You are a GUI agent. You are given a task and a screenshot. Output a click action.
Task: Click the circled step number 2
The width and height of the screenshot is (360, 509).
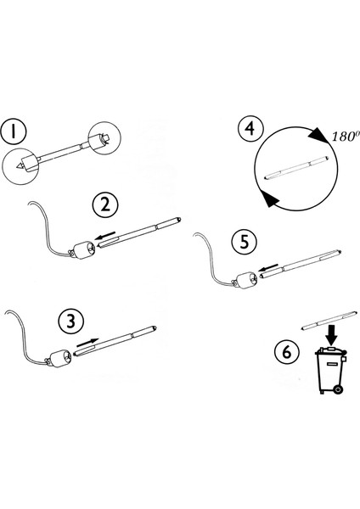click(x=105, y=204)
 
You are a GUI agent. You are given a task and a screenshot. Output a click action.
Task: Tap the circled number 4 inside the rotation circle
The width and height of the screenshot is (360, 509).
click(x=249, y=130)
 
